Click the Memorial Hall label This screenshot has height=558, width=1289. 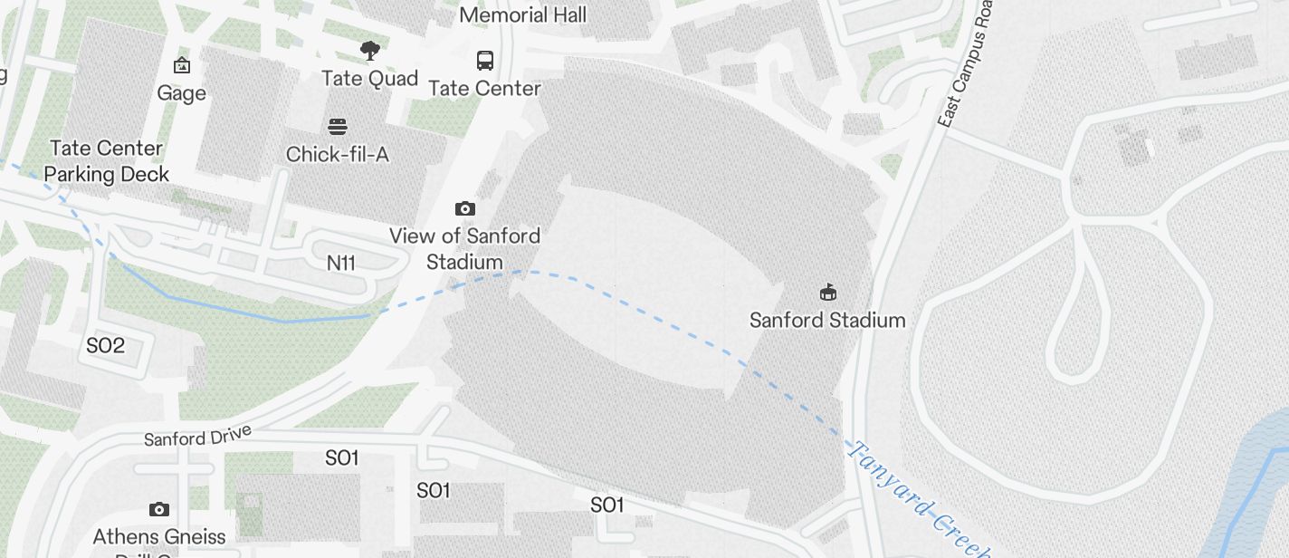522,15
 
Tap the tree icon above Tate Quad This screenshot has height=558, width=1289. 369,51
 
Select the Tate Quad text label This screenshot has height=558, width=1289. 369,79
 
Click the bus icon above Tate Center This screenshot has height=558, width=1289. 485,61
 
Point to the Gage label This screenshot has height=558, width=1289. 181,93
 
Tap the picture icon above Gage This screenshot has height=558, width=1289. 181,65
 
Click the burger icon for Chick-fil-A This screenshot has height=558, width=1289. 338,126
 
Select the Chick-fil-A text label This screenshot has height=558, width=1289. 338,155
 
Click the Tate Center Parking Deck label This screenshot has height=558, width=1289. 107,161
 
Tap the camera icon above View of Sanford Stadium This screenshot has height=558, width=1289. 464,208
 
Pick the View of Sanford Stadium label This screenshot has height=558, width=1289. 464,249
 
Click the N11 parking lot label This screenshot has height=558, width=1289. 341,263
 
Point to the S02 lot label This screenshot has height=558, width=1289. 105,346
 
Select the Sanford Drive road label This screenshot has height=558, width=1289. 197,437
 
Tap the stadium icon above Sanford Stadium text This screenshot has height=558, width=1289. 827,292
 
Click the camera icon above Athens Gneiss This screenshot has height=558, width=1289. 158,509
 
